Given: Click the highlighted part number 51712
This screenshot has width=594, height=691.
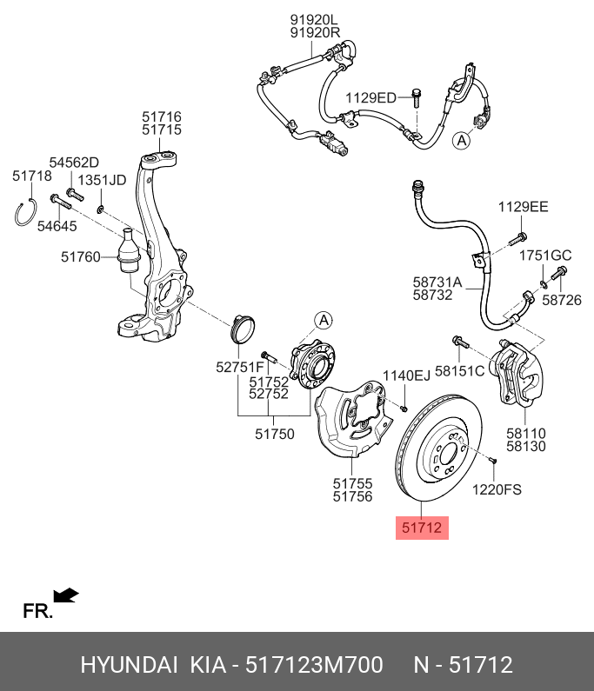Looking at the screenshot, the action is [422, 528].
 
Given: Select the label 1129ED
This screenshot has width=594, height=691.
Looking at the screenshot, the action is [370, 98].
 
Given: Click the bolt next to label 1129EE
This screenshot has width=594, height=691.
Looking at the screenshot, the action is [517, 238].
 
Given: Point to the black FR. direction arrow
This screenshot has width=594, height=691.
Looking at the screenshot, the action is [66, 595].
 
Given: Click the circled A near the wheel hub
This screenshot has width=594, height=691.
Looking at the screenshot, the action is [324, 321].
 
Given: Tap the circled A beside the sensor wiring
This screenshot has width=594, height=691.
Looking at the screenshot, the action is [462, 141].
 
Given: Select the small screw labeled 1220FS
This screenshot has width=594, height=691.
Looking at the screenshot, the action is [493, 460].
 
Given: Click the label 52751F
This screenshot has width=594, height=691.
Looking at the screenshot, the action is [240, 367].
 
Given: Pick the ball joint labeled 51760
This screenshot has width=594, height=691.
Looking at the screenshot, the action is [129, 250].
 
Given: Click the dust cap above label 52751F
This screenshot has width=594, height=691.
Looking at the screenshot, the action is [243, 329].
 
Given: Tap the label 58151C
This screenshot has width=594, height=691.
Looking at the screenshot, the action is [459, 371].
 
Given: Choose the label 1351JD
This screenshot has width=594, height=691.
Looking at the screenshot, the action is [102, 180].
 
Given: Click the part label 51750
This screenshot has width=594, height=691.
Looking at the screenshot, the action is [274, 434].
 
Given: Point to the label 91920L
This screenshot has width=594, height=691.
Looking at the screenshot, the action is [314, 20].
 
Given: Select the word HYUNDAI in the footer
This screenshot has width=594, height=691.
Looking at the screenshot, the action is [130, 665].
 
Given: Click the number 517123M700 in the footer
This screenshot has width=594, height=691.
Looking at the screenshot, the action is [314, 665].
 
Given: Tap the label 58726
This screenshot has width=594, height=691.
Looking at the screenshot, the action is [561, 300].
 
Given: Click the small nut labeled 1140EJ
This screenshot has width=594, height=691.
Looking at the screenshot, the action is [404, 409].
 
